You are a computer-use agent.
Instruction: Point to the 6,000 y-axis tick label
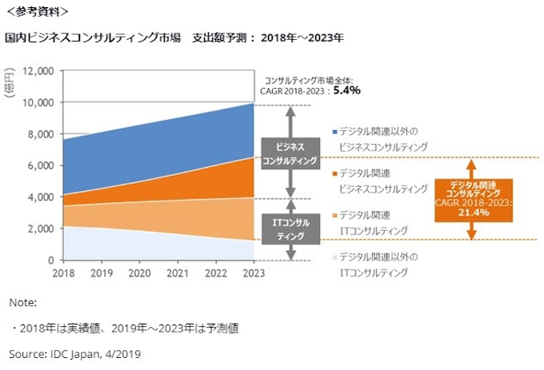point(40,165)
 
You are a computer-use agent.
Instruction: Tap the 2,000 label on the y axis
point(40,229)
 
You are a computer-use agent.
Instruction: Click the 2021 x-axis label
point(177,273)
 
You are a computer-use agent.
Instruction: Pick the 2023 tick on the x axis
point(254,273)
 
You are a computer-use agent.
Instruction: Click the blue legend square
point(334,130)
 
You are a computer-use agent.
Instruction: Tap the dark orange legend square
point(334,173)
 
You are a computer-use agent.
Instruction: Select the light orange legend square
point(334,215)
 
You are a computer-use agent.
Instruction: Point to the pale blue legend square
point(334,257)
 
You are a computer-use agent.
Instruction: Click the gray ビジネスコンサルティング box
point(290,153)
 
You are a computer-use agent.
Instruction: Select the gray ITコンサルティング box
point(290,230)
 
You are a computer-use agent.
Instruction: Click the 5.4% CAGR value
point(346,91)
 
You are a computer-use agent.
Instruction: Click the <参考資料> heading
point(37,12)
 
